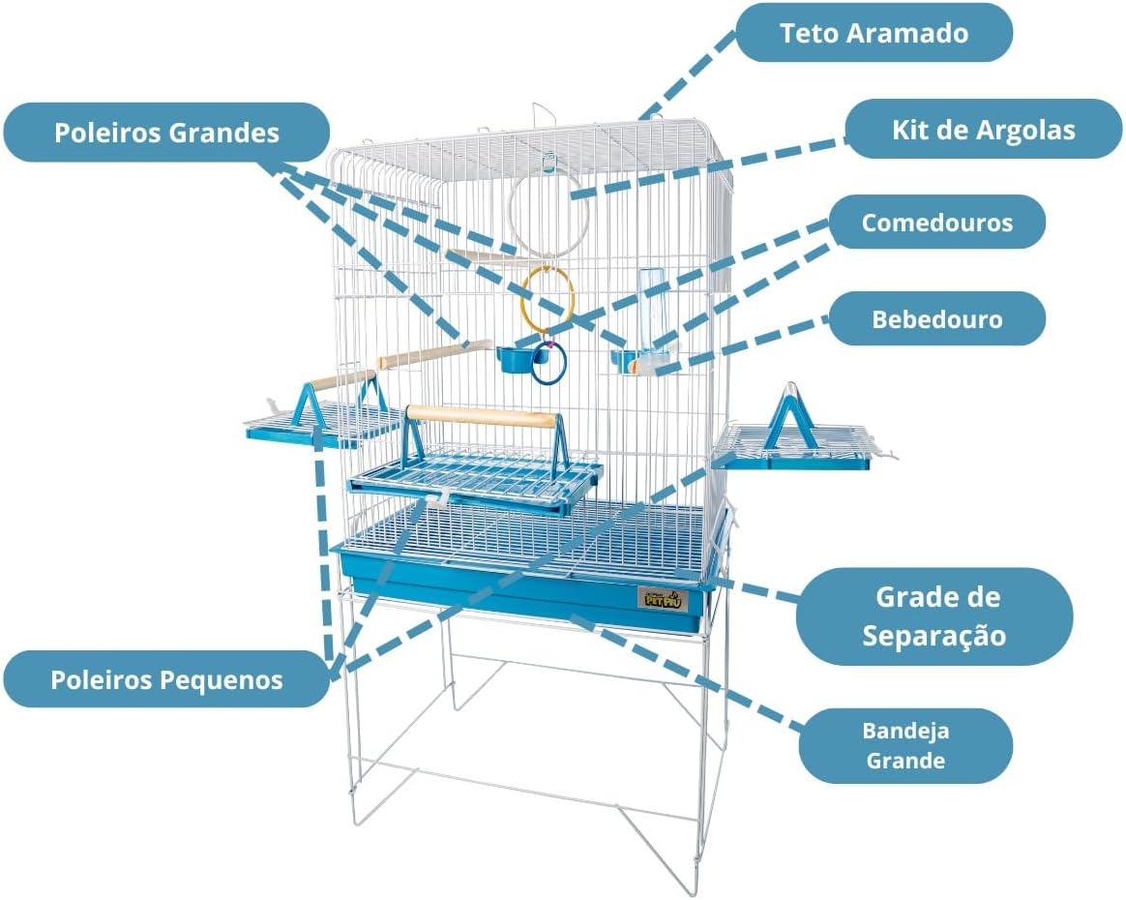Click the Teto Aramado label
tap(874, 33)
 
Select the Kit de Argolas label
tap(983, 130)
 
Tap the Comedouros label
tap(937, 223)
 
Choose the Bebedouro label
tap(937, 319)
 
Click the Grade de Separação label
tap(934, 616)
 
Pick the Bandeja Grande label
tap(905, 745)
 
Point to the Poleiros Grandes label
tap(166, 133)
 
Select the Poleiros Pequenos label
tap(166, 679)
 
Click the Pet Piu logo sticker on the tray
tap(662, 599)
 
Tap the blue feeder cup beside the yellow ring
tap(515, 359)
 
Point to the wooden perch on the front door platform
tap(481, 416)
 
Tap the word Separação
tap(934, 636)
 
